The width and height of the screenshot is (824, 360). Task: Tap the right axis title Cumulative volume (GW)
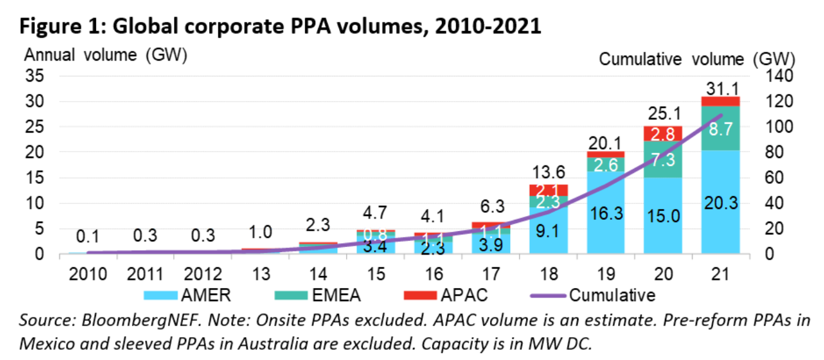click(x=696, y=59)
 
